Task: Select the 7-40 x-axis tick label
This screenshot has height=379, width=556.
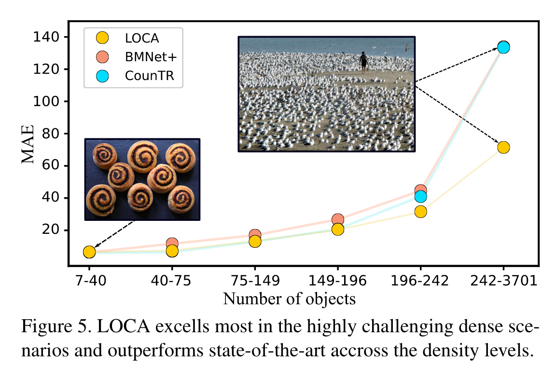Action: pyautogui.click(x=89, y=281)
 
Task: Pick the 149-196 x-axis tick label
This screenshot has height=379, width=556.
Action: pyautogui.click(x=337, y=281)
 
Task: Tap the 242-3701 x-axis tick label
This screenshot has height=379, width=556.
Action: pyautogui.click(x=503, y=281)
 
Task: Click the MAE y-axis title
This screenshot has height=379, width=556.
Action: pyautogui.click(x=28, y=144)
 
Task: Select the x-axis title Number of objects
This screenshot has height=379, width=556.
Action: pyautogui.click(x=289, y=299)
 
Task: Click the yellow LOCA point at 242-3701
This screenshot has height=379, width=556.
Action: pyautogui.click(x=503, y=147)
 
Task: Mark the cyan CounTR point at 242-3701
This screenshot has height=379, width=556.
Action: pyautogui.click(x=503, y=47)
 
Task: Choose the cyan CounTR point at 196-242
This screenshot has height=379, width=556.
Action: pyautogui.click(x=420, y=196)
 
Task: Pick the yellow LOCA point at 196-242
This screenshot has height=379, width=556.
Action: pyautogui.click(x=420, y=212)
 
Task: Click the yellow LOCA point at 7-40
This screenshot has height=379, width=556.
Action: pyautogui.click(x=89, y=252)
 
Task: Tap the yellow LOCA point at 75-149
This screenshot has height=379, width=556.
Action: pyautogui.click(x=255, y=241)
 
